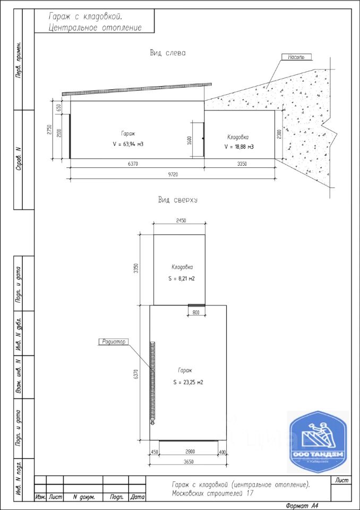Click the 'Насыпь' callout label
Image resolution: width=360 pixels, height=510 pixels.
pos(296,57)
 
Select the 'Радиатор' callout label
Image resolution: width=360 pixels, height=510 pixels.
pos(112,342)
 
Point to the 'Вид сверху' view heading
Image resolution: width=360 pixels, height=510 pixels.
pos(178,200)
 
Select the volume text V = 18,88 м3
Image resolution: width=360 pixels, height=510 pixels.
pos(239,147)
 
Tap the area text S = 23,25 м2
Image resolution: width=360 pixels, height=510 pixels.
pos(188,382)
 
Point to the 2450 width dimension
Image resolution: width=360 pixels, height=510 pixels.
pos(179,221)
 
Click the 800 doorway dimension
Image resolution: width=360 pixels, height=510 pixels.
pos(196,313)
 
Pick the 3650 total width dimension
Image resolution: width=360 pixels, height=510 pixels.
pos(187,462)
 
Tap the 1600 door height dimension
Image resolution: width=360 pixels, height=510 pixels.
pos(189,140)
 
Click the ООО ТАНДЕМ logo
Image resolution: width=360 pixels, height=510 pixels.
pos(318,439)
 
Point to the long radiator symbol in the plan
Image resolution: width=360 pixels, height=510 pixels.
pos(152,381)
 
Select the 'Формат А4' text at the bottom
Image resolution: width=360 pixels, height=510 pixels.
pos(302,505)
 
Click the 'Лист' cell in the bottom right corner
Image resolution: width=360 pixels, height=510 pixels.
pos(342,481)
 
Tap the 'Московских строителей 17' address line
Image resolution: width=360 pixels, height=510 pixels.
pos(212,494)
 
